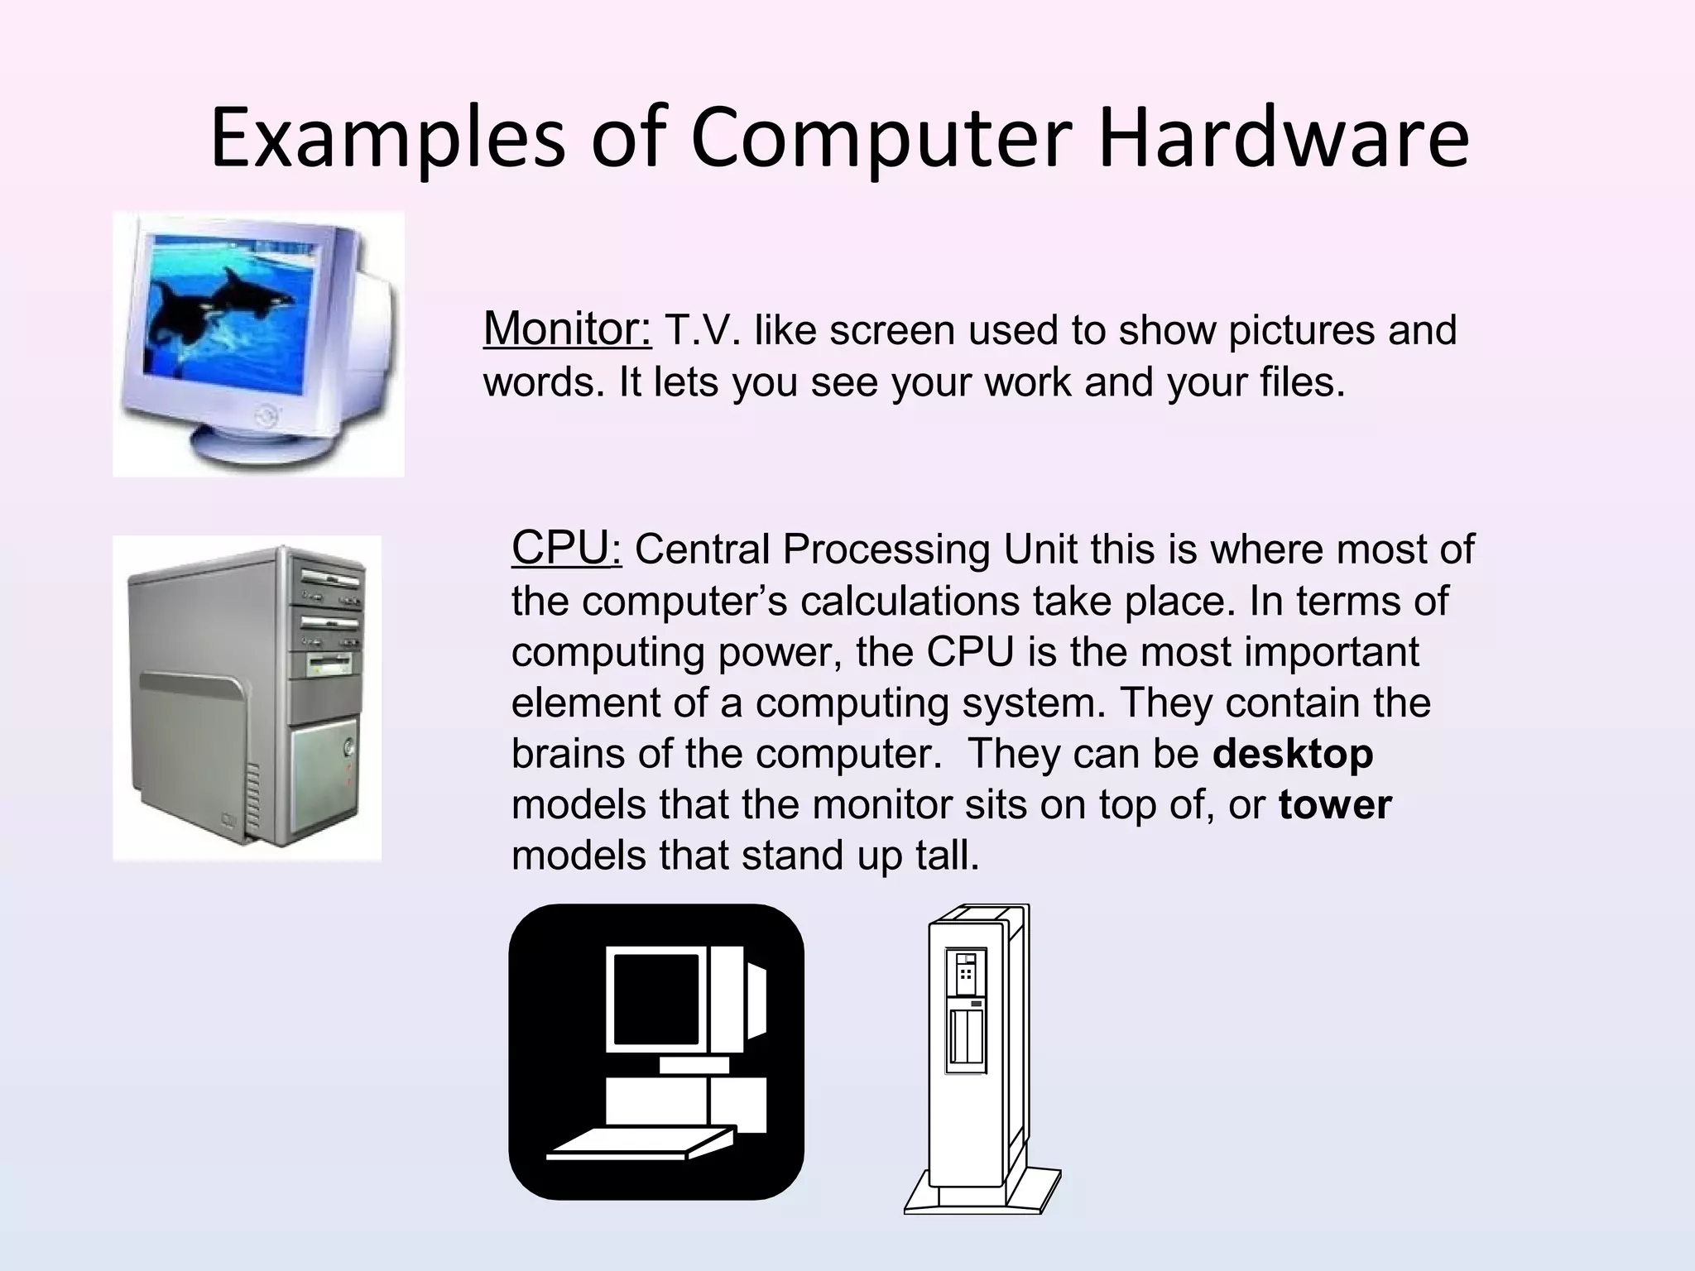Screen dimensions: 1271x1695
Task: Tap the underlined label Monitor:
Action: [x=567, y=329]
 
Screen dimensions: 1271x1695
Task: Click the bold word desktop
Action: [x=1293, y=754]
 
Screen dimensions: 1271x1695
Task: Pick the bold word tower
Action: [x=1335, y=805]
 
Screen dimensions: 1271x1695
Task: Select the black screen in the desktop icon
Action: [x=656, y=999]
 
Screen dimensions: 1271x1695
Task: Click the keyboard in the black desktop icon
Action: [x=641, y=1144]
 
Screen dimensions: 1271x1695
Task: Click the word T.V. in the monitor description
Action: [x=703, y=331]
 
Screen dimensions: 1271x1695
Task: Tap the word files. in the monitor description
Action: [x=1303, y=382]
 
